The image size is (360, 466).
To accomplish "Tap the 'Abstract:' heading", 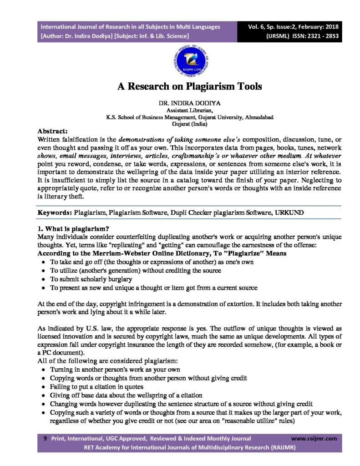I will [53, 130].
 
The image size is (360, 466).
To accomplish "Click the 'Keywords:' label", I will [54, 213].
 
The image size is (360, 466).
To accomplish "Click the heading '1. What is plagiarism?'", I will [73, 228].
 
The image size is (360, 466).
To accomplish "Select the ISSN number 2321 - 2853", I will [318, 35].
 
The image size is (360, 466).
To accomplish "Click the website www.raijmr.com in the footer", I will [314, 439].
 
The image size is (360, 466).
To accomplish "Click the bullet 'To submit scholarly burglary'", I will [91, 279].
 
